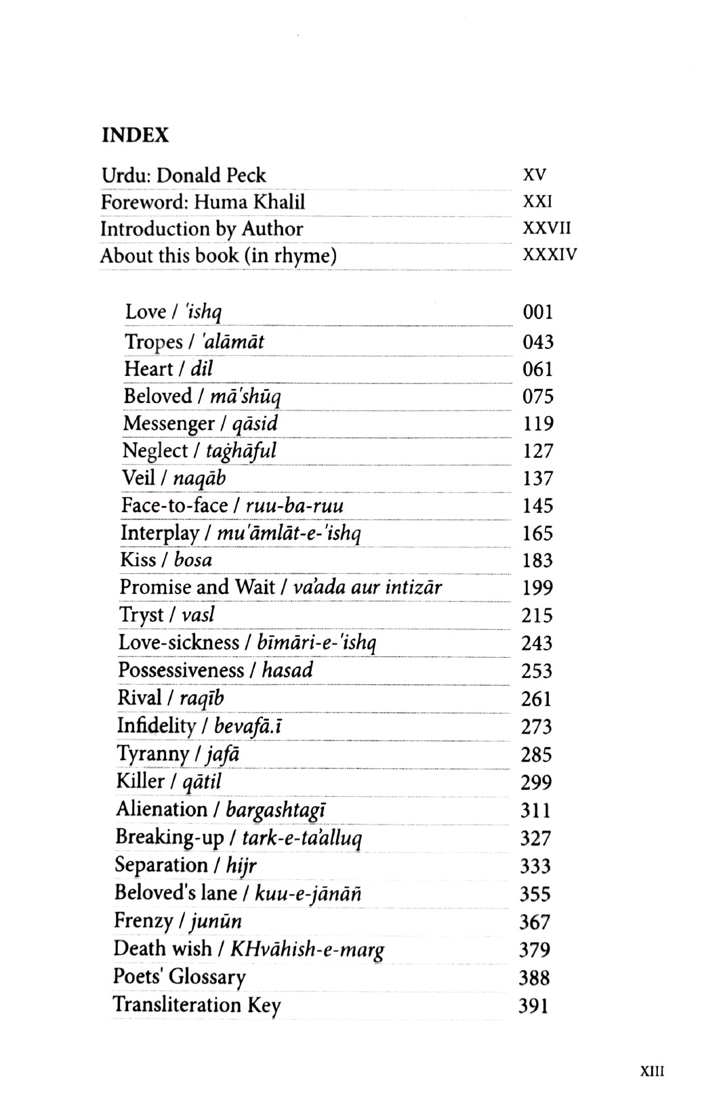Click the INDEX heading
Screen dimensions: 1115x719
[x=135, y=135]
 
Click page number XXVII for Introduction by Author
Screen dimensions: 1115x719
[x=548, y=228]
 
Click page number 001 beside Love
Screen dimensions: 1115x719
[x=538, y=312]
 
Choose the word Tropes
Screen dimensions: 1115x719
[x=154, y=342]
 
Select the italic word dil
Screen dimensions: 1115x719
[x=202, y=369]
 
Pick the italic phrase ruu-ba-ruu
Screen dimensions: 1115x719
[x=294, y=506]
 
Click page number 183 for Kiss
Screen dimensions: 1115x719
[x=537, y=561]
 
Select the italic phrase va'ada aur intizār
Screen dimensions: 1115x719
[x=367, y=587]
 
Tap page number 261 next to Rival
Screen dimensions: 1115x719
[x=536, y=699]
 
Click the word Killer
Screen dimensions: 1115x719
[x=140, y=782]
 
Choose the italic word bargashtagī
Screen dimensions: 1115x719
[x=276, y=810]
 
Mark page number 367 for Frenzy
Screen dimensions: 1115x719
[x=535, y=923]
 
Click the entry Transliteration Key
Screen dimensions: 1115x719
[x=197, y=1005]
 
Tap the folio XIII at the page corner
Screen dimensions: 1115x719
[x=652, y=1072]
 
